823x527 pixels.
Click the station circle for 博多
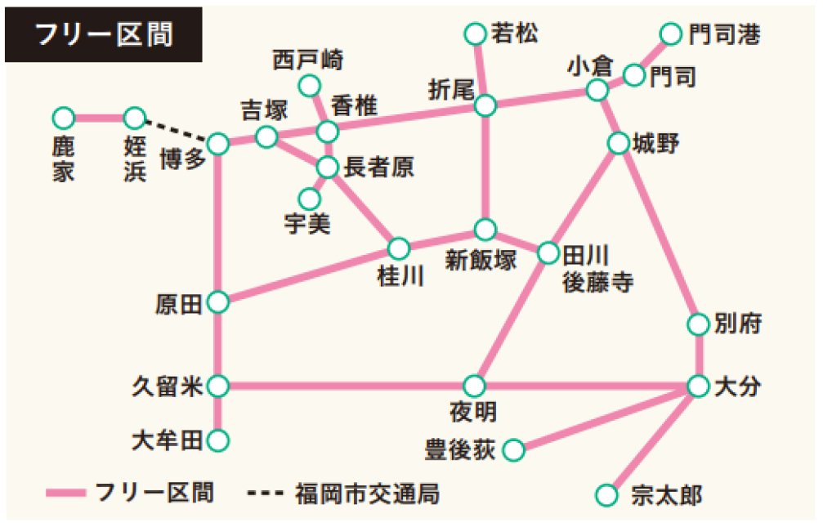coord(217,144)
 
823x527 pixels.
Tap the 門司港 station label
coord(724,34)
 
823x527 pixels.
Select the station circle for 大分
coord(698,386)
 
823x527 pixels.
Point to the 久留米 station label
coord(168,386)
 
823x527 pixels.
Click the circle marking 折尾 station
coord(485,105)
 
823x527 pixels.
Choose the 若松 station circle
coord(475,34)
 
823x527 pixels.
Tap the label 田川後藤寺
coord(597,268)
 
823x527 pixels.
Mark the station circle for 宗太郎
coord(606,494)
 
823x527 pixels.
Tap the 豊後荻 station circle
coord(513,449)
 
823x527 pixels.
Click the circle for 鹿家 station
coord(63,118)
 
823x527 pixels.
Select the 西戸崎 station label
coord(308,60)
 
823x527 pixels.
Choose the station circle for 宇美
coord(309,199)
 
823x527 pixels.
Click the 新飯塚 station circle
coord(485,229)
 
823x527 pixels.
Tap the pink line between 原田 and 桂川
coord(306,275)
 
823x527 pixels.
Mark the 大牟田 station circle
coord(217,441)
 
